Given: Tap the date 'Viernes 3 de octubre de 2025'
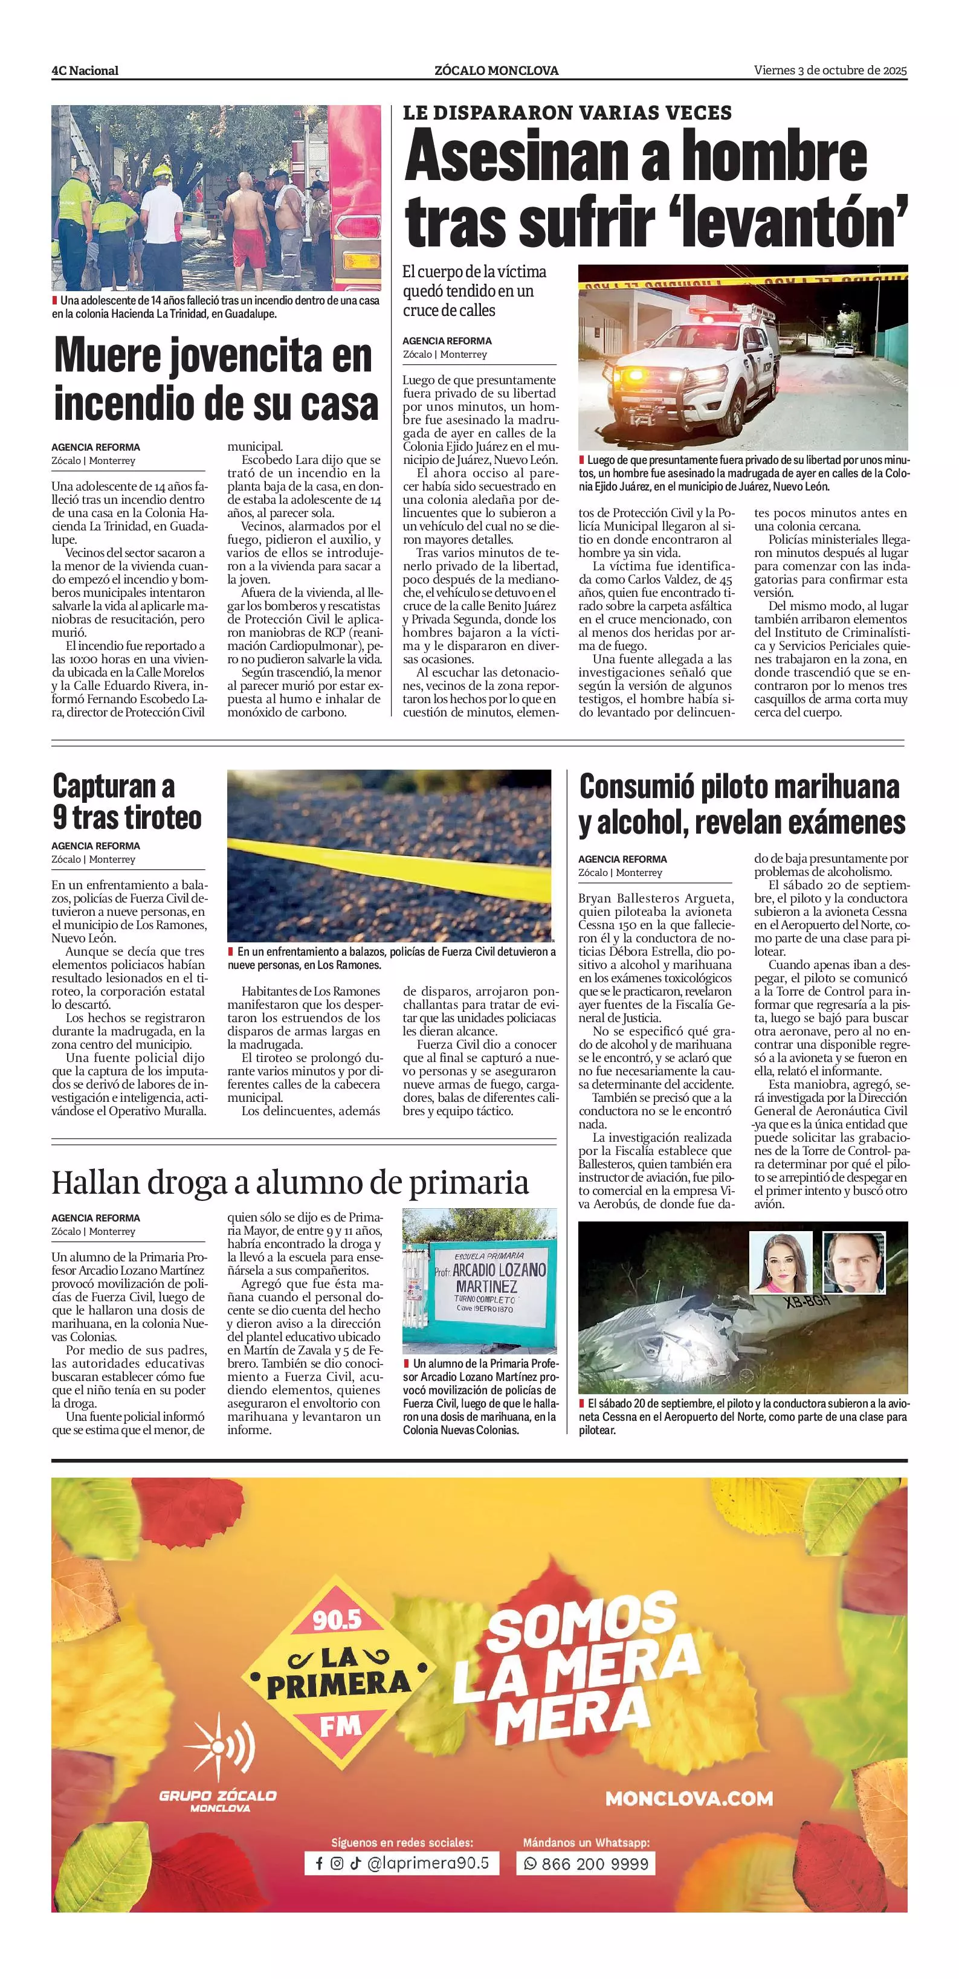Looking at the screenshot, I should (x=830, y=71).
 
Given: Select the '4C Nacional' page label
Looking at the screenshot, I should (x=85, y=71).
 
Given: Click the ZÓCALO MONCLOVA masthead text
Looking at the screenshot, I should (x=496, y=71).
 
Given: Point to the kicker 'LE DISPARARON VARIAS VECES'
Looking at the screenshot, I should (x=567, y=113).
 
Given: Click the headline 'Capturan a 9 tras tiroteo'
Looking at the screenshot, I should (x=127, y=801).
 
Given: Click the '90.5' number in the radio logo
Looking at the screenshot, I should (x=336, y=1620).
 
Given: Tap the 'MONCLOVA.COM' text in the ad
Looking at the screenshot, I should (x=688, y=1798).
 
